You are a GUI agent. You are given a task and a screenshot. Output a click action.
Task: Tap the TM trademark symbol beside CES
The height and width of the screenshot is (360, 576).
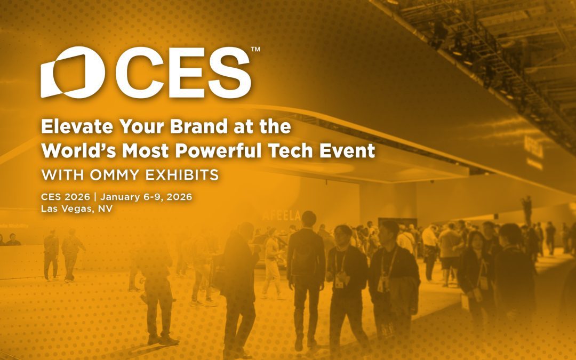pyautogui.click(x=255, y=50)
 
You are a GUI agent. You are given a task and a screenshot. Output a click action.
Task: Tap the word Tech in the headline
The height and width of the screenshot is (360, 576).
pyautogui.click(x=289, y=150)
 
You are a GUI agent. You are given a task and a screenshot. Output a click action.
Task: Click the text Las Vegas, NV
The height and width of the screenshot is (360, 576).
pyautogui.click(x=77, y=209)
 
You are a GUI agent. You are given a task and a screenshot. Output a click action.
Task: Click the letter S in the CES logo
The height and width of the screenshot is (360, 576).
pyautogui.click(x=226, y=73)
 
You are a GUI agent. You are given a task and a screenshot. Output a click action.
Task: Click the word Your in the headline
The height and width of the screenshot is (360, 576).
pyautogui.click(x=133, y=127)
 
